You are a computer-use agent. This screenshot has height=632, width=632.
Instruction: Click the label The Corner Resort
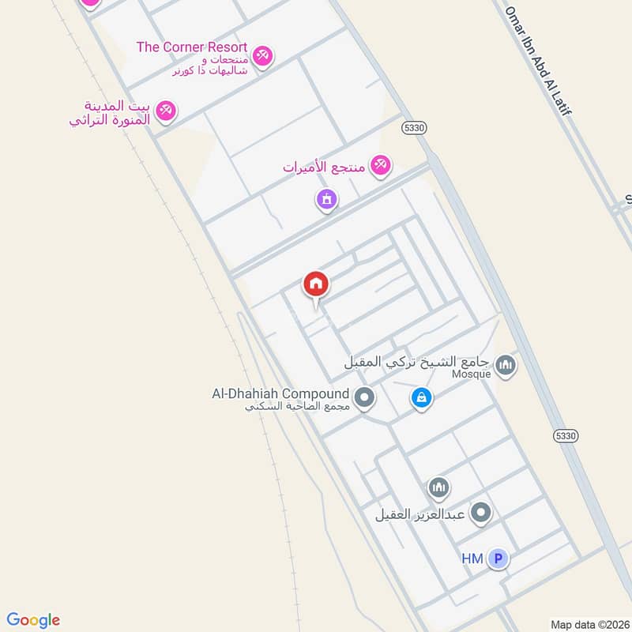click(192, 47)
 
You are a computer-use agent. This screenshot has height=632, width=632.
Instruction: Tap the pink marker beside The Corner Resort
click(264, 55)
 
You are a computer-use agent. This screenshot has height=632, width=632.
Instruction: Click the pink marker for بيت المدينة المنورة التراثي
click(165, 111)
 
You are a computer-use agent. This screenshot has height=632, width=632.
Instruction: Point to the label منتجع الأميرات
click(324, 167)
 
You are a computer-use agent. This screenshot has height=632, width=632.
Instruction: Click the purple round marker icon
click(326, 199)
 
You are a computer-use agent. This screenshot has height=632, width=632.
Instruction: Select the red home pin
click(316, 284)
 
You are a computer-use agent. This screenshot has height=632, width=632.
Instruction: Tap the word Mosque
click(471, 374)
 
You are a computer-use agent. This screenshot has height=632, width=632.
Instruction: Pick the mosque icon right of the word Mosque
click(506, 365)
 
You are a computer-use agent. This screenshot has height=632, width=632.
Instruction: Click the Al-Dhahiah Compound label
click(280, 393)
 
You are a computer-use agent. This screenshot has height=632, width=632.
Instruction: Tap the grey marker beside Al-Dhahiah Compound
click(364, 397)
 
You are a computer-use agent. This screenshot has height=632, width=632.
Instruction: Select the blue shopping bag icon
click(422, 397)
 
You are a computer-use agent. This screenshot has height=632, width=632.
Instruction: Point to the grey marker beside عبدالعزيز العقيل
click(480, 514)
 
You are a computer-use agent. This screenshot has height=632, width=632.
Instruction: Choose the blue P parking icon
click(498, 559)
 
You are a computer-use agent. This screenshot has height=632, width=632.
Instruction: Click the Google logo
click(33, 620)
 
